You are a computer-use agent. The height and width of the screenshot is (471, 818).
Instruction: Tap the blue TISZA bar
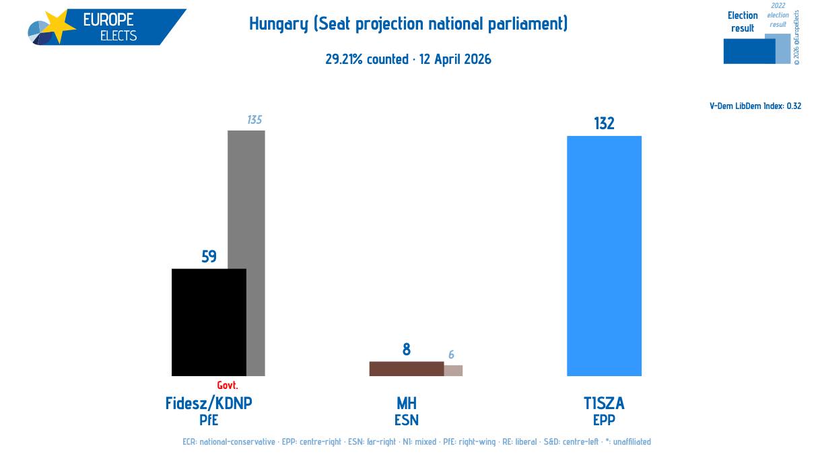click(x=604, y=256)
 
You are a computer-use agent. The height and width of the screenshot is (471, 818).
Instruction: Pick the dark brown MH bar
click(x=407, y=369)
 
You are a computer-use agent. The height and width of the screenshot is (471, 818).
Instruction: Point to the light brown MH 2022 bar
click(x=453, y=370)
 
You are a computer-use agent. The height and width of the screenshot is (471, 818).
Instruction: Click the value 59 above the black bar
click(x=209, y=256)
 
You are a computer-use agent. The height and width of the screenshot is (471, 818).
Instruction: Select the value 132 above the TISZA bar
click(x=604, y=123)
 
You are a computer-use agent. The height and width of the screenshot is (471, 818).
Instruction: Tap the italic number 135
click(x=254, y=120)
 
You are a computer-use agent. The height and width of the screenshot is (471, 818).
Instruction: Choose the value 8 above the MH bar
click(x=407, y=349)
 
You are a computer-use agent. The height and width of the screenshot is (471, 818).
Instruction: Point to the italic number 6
click(x=451, y=355)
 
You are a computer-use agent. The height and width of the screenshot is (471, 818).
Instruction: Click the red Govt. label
click(x=228, y=386)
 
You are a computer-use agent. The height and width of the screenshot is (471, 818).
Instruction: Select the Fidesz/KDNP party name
click(x=209, y=403)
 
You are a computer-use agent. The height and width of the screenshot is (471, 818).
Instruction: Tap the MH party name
click(x=407, y=403)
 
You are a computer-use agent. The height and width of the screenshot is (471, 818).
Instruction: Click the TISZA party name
click(x=604, y=403)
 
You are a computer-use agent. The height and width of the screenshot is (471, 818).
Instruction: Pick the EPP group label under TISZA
click(x=604, y=420)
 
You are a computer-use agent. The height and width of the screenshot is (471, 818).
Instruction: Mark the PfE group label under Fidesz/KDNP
click(x=209, y=420)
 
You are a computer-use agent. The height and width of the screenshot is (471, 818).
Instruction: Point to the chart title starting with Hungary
click(x=409, y=24)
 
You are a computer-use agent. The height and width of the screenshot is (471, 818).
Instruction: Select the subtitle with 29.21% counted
click(x=409, y=59)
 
